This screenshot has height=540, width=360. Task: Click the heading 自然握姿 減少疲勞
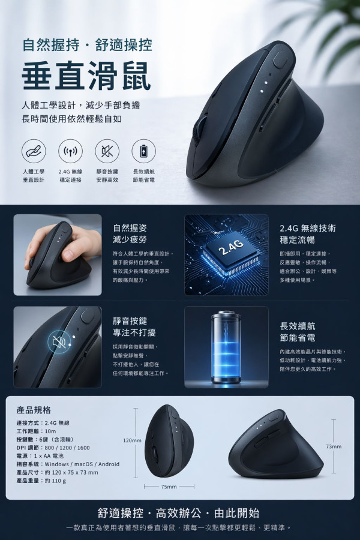(x=130, y=235)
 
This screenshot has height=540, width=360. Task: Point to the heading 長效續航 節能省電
(x=298, y=332)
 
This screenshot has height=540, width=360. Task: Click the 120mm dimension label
(x=132, y=440)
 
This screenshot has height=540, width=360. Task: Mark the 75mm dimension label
(x=169, y=487)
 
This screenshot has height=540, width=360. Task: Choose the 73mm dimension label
(x=334, y=446)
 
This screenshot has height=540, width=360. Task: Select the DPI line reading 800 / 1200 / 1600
(x=53, y=448)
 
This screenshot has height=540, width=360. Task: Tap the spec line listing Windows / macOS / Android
(x=68, y=464)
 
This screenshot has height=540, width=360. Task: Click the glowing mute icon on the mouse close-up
(x=59, y=343)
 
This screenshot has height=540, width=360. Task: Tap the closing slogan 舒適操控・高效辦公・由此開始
(x=179, y=513)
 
